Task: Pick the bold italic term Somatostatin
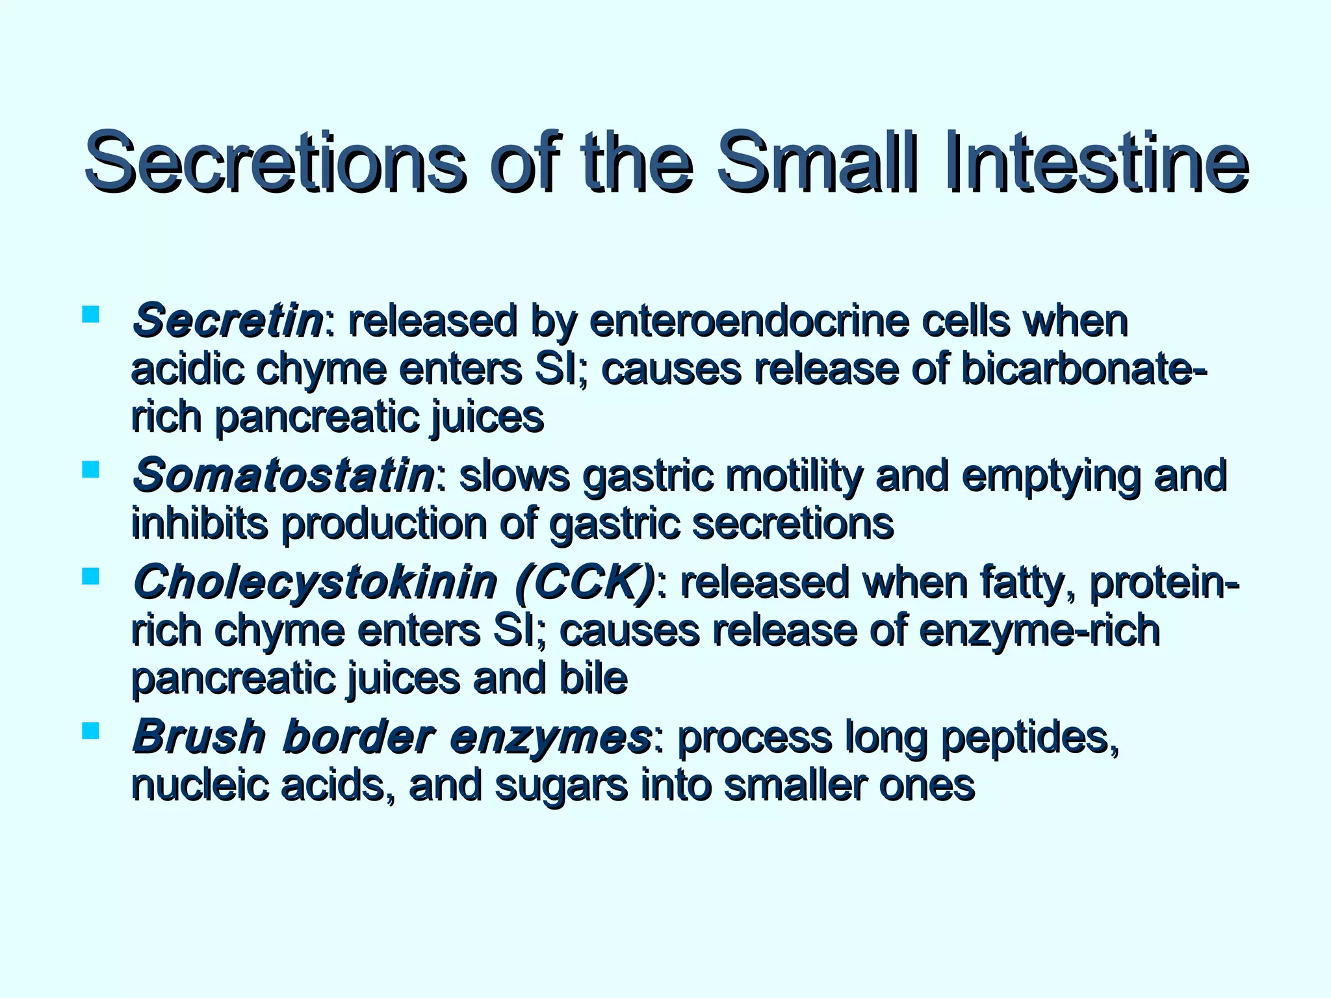(283, 475)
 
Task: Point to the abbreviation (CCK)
(584, 582)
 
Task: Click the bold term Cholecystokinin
(315, 582)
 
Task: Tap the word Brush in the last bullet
(198, 737)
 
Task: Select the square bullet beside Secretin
(90, 314)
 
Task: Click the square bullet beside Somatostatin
(90, 469)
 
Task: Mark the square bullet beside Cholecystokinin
(90, 576)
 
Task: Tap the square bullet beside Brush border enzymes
(90, 731)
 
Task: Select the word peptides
(1029, 737)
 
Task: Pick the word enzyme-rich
(1039, 630)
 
